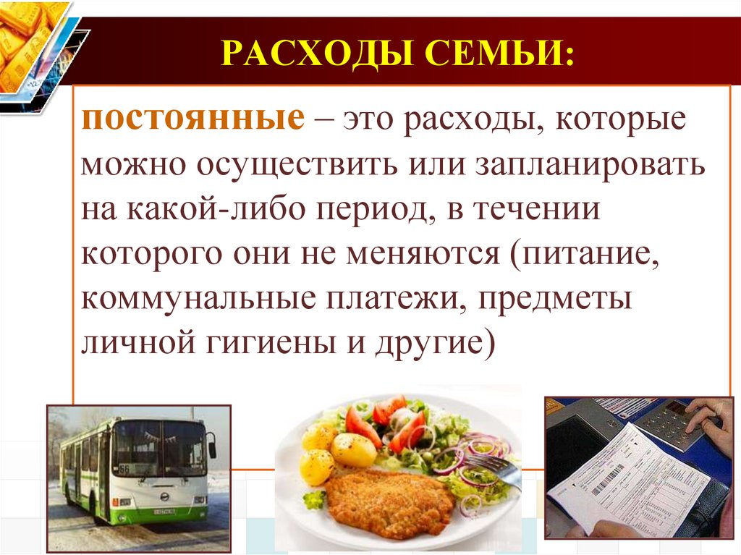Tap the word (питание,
pyautogui.click(x=584, y=255)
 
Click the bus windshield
pyautogui.click(x=158, y=448)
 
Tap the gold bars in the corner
pyautogui.click(x=25, y=40)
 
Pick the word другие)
pyautogui.click(x=433, y=344)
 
